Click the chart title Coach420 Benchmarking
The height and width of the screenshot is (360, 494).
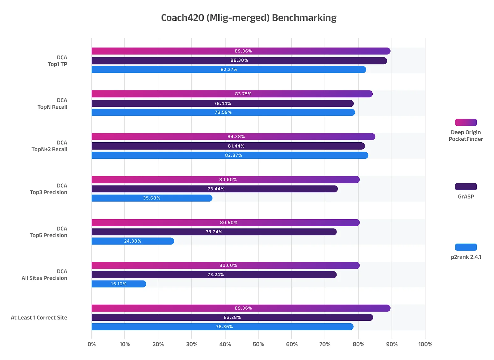[249, 18]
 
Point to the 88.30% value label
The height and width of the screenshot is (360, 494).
[239, 61]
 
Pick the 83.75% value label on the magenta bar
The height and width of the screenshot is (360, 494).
[243, 94]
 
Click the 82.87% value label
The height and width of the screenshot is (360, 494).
[233, 155]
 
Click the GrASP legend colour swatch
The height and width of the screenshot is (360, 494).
[466, 187]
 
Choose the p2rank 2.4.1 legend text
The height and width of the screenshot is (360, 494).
[466, 257]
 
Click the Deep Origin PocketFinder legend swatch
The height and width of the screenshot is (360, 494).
[466, 123]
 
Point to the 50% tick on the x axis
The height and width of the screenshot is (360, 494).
[258, 344]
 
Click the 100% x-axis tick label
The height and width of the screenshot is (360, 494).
[425, 344]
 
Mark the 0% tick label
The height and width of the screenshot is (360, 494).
[92, 344]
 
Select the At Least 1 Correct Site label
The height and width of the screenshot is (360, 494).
[39, 318]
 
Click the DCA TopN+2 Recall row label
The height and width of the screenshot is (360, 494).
[49, 146]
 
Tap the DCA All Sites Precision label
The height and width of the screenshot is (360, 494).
[44, 275]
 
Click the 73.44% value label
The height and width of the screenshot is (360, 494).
[216, 189]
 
